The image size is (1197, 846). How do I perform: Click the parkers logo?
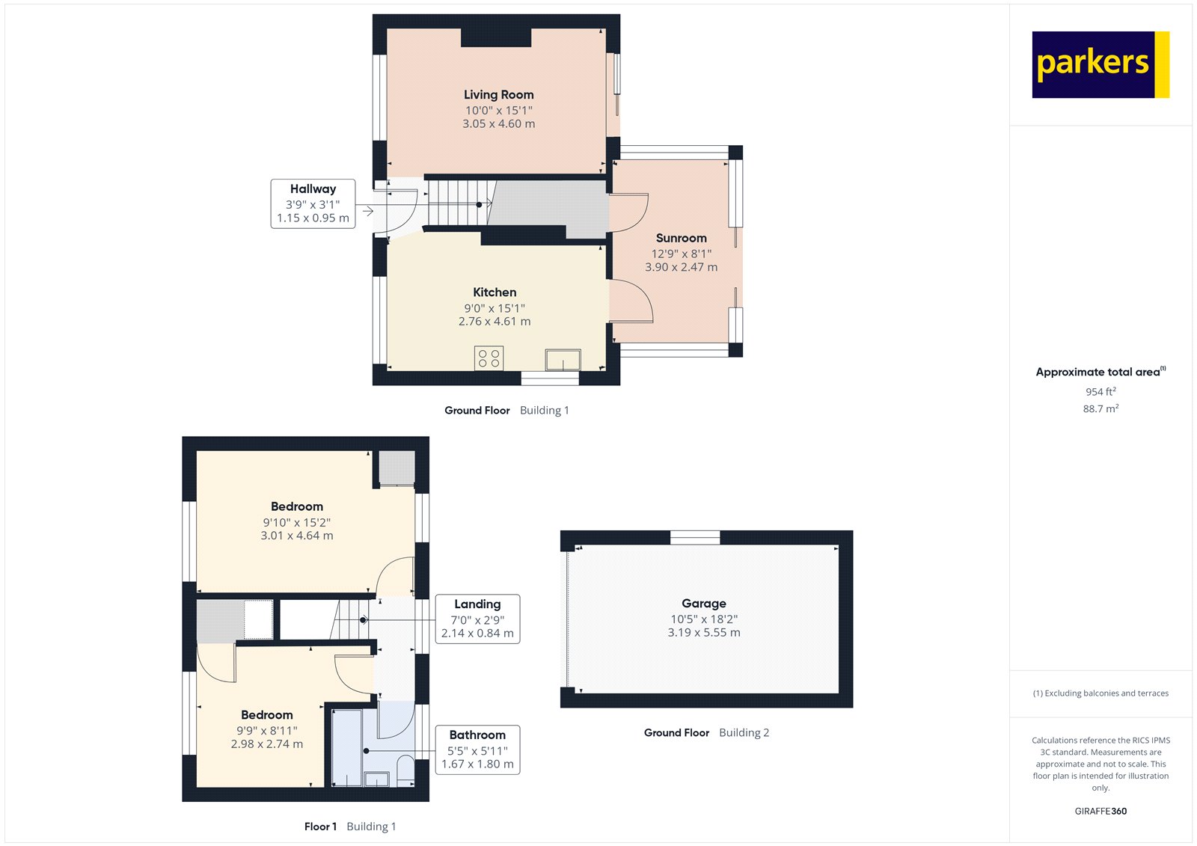pyautogui.click(x=1100, y=64)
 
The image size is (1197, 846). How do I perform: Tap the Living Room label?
pyautogui.click(x=498, y=95)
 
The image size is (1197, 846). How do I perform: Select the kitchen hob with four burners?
pyautogui.click(x=489, y=358)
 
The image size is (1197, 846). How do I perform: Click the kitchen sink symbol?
pyautogui.click(x=563, y=360)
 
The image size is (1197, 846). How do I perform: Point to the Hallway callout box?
pyautogui.click(x=313, y=203)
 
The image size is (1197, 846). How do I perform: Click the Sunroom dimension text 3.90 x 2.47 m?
pyautogui.click(x=681, y=267)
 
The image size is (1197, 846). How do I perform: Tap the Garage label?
pyautogui.click(x=703, y=603)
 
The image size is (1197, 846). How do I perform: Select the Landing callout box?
pyautogui.click(x=477, y=619)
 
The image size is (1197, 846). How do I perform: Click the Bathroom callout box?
pyautogui.click(x=477, y=750)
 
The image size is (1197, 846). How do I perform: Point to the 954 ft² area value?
pyautogui.click(x=1100, y=392)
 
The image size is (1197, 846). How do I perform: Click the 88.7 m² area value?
pyautogui.click(x=1100, y=409)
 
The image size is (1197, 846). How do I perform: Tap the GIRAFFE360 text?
pyautogui.click(x=1100, y=811)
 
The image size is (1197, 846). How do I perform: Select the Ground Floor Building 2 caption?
pyautogui.click(x=706, y=733)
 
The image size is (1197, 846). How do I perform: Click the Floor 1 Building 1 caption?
pyautogui.click(x=350, y=827)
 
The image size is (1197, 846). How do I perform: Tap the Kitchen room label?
pyautogui.click(x=495, y=292)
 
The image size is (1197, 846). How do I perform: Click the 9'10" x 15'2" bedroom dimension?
pyautogui.click(x=296, y=522)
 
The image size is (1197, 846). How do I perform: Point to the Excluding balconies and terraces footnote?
pyautogui.click(x=1100, y=693)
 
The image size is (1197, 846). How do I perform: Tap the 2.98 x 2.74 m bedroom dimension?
pyautogui.click(x=267, y=744)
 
